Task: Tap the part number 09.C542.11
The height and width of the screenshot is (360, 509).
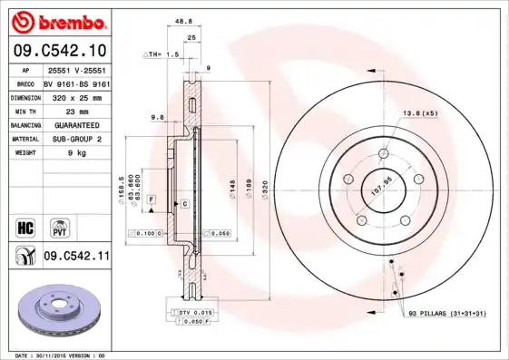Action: point(76,257)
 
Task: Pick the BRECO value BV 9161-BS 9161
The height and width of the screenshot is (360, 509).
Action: point(76,83)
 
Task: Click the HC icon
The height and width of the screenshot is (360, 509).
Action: point(24,225)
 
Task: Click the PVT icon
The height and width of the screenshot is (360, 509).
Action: point(58,225)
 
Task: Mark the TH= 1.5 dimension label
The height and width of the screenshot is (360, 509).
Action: point(163,55)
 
